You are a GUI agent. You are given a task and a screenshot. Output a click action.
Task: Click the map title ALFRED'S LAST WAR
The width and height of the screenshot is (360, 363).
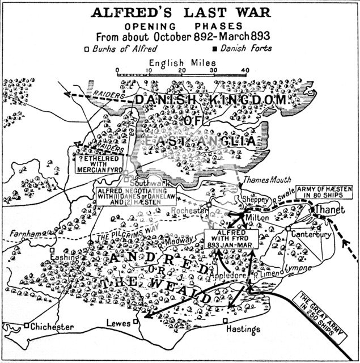pos(181,12)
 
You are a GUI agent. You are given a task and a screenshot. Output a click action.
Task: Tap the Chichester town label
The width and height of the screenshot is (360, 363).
pos(52,328)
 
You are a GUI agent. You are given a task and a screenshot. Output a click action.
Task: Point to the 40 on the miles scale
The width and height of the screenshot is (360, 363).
pos(245,70)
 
